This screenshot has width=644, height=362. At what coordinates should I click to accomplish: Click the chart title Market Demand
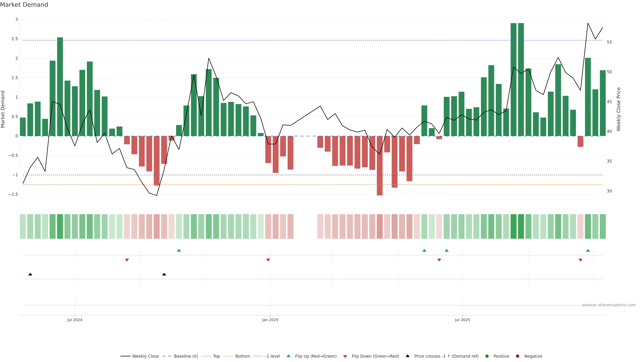coord(24,5)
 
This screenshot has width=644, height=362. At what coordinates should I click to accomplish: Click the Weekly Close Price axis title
coord(619,109)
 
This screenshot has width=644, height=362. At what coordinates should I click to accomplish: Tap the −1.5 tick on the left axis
coord(13,194)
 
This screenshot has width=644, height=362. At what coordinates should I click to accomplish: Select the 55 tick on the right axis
coord(609,42)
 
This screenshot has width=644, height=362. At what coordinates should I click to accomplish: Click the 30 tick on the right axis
coord(609,191)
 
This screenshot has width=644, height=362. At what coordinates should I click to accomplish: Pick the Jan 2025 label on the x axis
coord(270,320)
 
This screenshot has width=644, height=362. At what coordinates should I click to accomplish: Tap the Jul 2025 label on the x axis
coord(462,320)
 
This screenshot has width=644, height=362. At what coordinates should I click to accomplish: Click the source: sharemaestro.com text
coord(609,305)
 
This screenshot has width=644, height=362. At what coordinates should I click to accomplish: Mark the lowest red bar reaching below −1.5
coord(380,166)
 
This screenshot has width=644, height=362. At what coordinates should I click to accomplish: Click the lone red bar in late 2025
coord(580,141)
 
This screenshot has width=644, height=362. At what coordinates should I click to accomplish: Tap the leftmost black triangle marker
coord(30,274)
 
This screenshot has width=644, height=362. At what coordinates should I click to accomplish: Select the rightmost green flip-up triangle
coord(588,250)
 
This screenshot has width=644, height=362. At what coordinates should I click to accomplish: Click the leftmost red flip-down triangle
coord(127,260)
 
